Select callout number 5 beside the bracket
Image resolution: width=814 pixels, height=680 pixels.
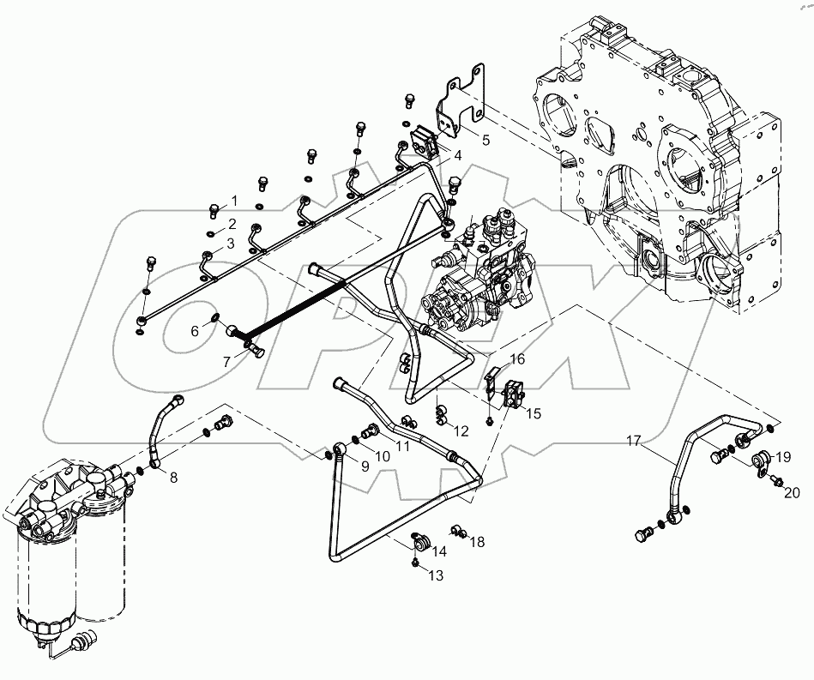pyautogui.click(x=485, y=140)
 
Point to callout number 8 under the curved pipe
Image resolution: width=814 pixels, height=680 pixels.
pyautogui.click(x=173, y=478)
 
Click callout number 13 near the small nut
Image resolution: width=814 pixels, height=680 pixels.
pyautogui.click(x=436, y=576)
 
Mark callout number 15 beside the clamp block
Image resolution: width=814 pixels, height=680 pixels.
pyautogui.click(x=534, y=413)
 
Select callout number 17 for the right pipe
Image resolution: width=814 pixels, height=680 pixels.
pyautogui.click(x=633, y=442)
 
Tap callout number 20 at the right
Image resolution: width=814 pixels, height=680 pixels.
pyautogui.click(x=793, y=491)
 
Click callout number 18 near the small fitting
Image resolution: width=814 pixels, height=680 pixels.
pyautogui.click(x=478, y=542)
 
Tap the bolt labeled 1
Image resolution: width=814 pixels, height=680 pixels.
pyautogui.click(x=213, y=208)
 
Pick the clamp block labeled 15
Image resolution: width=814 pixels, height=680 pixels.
pyautogui.click(x=512, y=393)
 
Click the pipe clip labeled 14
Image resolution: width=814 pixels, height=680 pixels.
pyautogui.click(x=420, y=542)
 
